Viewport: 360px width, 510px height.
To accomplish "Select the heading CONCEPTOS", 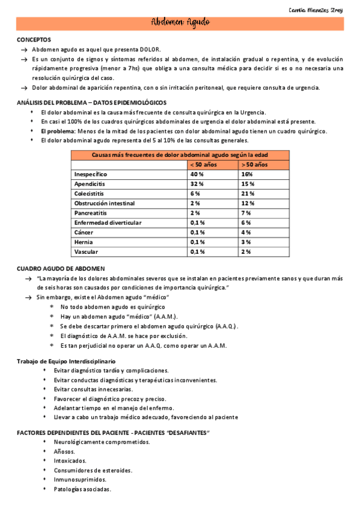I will (x=34, y=39).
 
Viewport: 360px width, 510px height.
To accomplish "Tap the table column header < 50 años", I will (x=203, y=164).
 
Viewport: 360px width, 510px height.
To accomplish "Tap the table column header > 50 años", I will (x=254, y=164).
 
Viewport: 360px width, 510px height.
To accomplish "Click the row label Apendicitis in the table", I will (x=90, y=183).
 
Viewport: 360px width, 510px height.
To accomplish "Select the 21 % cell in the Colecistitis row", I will (x=247, y=193).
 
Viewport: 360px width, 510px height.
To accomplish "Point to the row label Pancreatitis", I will (x=91, y=213).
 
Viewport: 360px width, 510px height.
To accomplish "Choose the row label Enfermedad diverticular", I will (x=108, y=223).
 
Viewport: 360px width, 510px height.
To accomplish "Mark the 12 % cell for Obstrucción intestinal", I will (x=247, y=203).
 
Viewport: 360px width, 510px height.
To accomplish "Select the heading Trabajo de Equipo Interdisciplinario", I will (x=66, y=360).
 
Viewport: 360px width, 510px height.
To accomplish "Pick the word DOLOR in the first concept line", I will (x=150, y=49).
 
